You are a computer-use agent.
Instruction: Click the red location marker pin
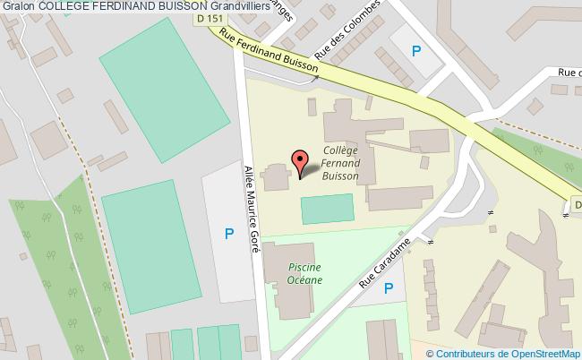(300, 161)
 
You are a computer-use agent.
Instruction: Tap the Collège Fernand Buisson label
(341, 164)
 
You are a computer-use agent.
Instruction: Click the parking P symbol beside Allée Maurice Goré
(229, 235)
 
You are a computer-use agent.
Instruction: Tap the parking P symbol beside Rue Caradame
(389, 288)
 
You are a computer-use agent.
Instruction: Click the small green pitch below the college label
(327, 209)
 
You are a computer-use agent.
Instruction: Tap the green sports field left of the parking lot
(150, 240)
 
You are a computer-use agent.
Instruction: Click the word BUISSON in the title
(191, 6)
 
